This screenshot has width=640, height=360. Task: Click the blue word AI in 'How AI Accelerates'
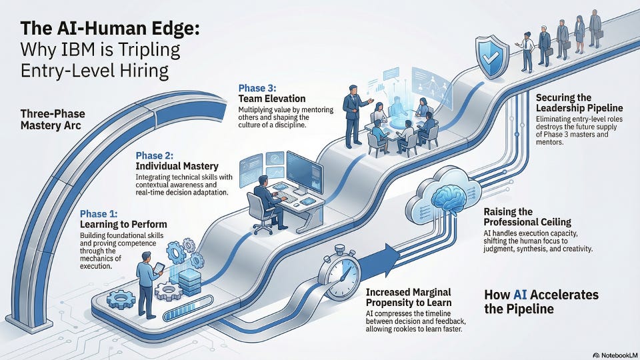coord(520,295)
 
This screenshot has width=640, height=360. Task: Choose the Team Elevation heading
coord(272,99)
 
